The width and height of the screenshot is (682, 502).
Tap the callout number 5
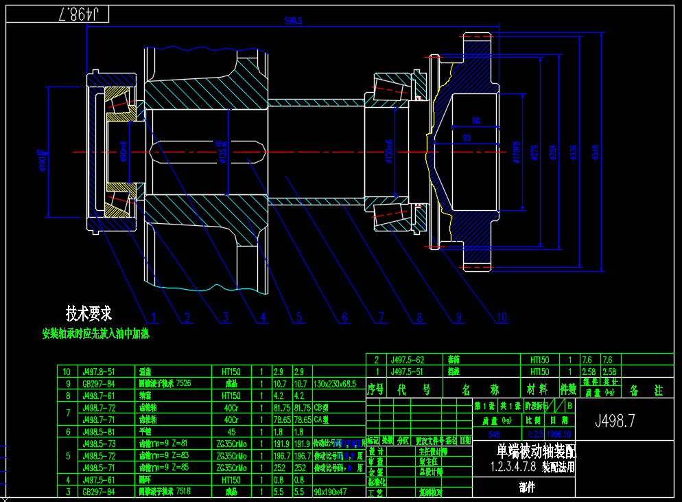point(298,317)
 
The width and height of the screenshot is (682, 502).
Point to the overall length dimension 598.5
point(293,21)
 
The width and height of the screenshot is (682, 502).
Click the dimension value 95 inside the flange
point(467,138)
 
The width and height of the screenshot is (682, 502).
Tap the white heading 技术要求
point(88,314)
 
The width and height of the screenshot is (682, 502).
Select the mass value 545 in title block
point(494,435)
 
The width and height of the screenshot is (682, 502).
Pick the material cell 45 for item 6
point(231,431)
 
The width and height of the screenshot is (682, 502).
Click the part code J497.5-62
point(407,360)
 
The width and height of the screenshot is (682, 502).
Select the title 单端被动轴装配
point(537,452)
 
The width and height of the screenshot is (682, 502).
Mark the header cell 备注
point(644,390)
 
